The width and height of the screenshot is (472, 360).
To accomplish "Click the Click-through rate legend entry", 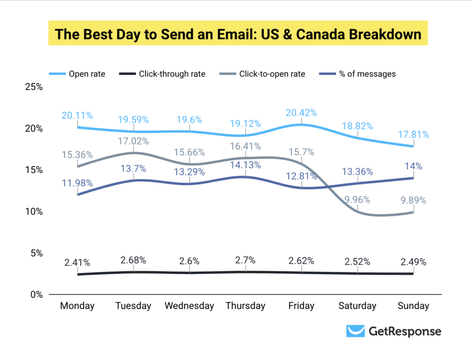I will pos(172,74).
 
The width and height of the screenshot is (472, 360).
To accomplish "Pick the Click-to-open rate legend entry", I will pos(272,74).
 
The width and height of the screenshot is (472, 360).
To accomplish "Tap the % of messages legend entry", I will pos(367,74).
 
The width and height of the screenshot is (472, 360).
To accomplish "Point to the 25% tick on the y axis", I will pos(34,87).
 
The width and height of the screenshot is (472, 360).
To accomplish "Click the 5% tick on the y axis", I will pos(36,253).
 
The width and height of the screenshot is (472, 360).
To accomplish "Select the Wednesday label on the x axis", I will pos(189,306).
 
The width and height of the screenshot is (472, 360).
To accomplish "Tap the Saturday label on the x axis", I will pos(357,306).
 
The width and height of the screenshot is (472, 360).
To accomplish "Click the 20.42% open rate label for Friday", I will pos(301,112).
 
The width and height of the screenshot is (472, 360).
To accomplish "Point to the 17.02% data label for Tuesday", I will pos(133,141).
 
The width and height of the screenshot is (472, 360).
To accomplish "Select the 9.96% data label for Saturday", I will pos(357,200).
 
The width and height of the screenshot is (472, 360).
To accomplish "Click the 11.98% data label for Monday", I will pos(77,183).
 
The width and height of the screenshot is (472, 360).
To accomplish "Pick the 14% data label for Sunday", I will pos(413,166).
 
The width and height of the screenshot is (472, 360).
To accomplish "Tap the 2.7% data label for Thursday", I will pos(245,260).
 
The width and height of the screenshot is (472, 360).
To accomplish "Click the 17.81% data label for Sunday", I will pos(413,134).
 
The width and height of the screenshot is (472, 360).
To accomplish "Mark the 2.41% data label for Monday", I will pos(77,262).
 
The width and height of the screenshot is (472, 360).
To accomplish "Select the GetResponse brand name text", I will pos(404,332).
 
